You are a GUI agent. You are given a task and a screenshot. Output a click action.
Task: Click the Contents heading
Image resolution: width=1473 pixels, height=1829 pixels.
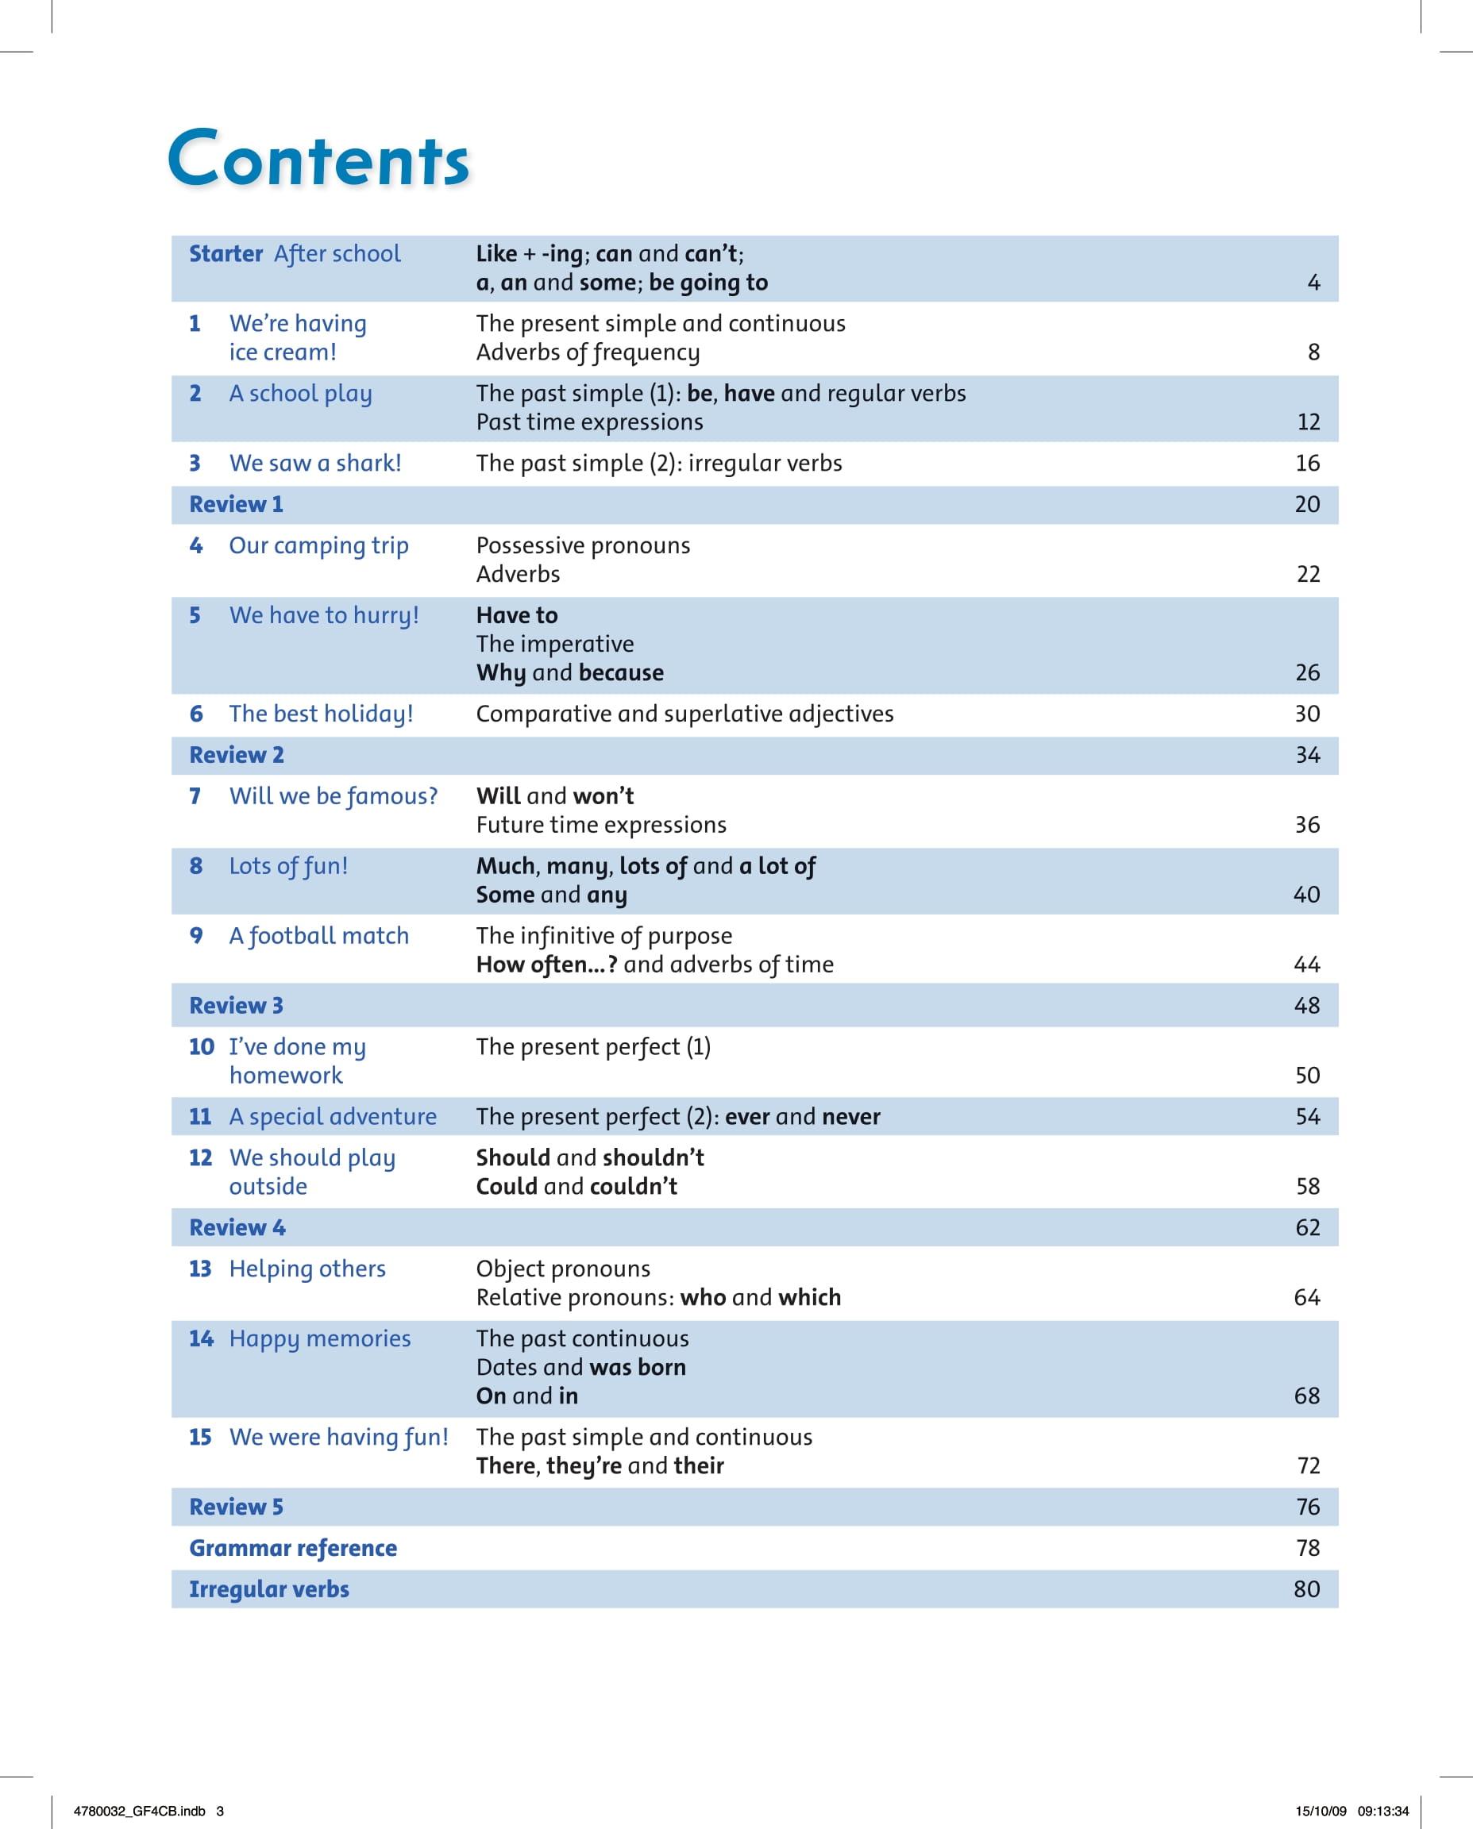(318, 158)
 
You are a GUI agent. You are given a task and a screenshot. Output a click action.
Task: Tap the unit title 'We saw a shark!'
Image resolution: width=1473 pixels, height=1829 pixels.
(314, 463)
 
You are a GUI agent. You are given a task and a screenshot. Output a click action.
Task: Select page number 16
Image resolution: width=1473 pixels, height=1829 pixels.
(1307, 463)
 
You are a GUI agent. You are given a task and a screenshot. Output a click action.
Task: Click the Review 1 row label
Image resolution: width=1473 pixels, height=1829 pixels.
(236, 505)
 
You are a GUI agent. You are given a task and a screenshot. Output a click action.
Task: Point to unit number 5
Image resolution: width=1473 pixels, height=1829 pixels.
(195, 615)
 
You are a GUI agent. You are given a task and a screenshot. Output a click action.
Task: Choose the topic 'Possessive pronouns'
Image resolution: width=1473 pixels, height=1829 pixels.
(583, 545)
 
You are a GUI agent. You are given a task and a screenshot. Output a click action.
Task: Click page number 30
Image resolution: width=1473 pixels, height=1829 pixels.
(1307, 714)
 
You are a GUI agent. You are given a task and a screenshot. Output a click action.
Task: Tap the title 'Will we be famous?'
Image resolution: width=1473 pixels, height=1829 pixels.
(333, 796)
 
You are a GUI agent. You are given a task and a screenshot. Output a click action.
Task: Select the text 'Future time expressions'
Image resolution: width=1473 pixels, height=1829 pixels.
(601, 825)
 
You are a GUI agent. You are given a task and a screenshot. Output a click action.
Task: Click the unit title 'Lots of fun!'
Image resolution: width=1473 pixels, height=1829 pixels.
(288, 866)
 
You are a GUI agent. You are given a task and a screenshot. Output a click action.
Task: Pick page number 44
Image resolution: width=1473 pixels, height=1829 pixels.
(1307, 965)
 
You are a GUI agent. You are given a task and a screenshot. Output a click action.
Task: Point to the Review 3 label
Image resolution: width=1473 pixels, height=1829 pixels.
(236, 1006)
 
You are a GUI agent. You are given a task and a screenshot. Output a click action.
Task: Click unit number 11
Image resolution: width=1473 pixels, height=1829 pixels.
(200, 1116)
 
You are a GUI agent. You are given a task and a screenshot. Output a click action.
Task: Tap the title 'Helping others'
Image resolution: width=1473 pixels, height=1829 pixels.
(307, 1269)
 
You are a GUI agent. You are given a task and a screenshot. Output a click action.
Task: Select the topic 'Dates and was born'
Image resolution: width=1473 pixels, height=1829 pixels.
(580, 1368)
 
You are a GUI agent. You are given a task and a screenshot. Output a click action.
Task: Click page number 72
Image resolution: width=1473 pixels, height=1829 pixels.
(1308, 1466)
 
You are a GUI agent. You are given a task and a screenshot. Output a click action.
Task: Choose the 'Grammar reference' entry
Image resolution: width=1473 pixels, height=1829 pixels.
(293, 1548)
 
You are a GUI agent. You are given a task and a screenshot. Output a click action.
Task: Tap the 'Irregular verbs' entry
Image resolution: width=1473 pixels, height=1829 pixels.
(269, 1590)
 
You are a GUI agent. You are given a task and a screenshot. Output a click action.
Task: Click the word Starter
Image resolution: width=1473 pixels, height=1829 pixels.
(226, 254)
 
